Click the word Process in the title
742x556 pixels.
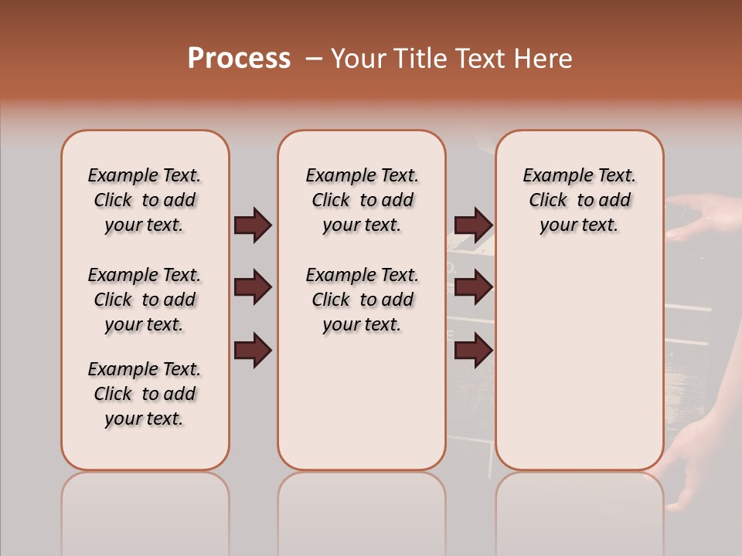[x=239, y=59]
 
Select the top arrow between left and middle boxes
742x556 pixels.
[x=253, y=225]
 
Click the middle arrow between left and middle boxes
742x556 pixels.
[x=253, y=287]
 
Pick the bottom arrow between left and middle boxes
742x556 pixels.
[x=253, y=350]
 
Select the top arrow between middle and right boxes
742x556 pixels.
[x=473, y=225]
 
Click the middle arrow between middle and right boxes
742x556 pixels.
[x=473, y=287]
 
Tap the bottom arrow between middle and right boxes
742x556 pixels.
[x=473, y=350]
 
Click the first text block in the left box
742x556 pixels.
[x=145, y=200]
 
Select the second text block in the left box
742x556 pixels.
[x=145, y=300]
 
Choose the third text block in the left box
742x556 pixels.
[x=145, y=394]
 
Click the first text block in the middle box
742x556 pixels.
[x=362, y=200]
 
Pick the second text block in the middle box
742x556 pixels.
[x=362, y=300]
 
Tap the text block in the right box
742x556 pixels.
[x=579, y=200]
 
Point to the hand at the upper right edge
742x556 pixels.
[x=707, y=212]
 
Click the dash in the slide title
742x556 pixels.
[x=314, y=59]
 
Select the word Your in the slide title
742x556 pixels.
[x=360, y=59]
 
